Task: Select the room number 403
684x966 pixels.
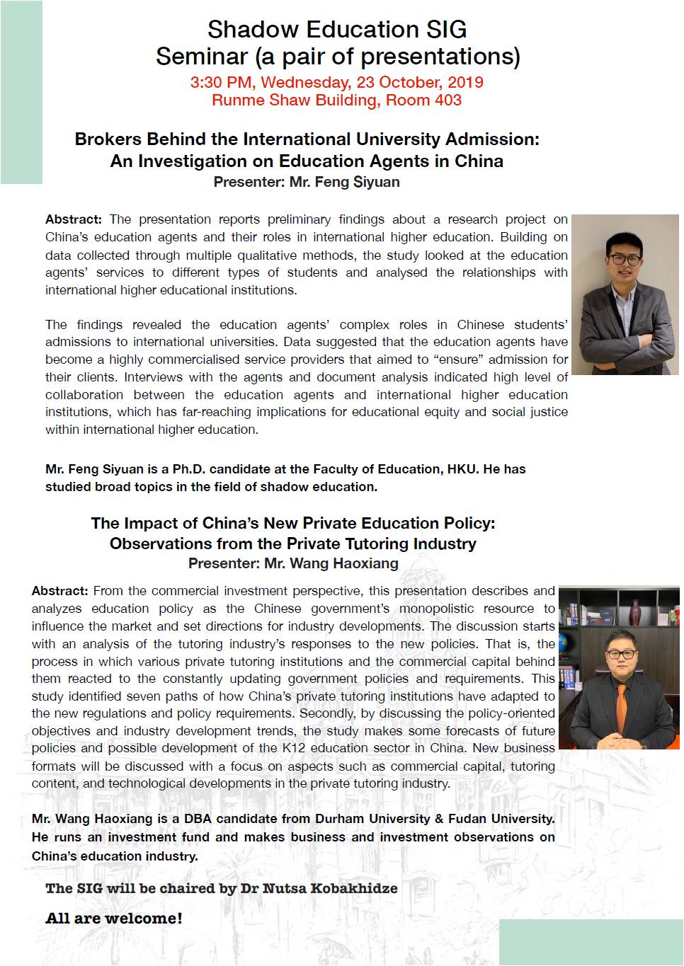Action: coord(448,100)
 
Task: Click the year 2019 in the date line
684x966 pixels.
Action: coord(465,82)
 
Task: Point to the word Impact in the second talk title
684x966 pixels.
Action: coord(151,524)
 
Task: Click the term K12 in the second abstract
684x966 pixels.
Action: coord(294,748)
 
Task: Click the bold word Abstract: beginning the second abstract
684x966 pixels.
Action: coord(59,591)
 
